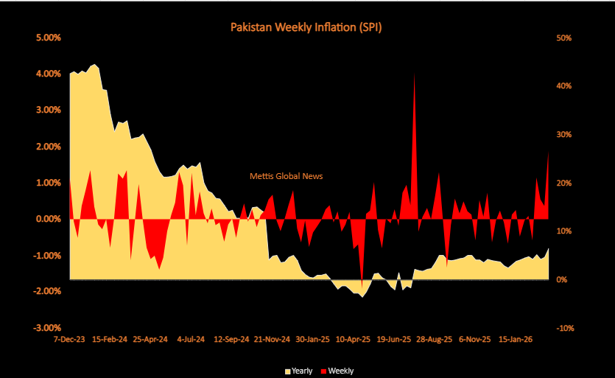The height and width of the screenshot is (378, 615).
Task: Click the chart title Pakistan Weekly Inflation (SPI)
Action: pyautogui.click(x=306, y=27)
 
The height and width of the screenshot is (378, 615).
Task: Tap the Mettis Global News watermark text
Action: pyautogui.click(x=287, y=176)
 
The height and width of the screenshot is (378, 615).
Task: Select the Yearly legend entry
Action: pyautogui.click(x=298, y=370)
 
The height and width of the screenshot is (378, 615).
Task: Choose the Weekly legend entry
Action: pyautogui.click(x=337, y=370)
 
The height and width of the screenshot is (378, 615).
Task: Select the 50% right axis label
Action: pyautogui.click(x=563, y=38)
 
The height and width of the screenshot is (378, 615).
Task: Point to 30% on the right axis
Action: pyautogui.click(x=563, y=135)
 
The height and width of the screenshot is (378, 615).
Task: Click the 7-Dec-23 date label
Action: pyautogui.click(x=69, y=340)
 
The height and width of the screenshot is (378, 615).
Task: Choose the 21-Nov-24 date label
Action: pyautogui.click(x=274, y=340)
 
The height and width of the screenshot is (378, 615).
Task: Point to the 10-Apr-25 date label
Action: pyautogui.click(x=354, y=340)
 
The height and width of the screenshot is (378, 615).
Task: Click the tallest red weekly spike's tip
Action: pyautogui.click(x=415, y=74)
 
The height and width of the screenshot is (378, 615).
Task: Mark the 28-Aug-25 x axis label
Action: pyautogui.click(x=435, y=340)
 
